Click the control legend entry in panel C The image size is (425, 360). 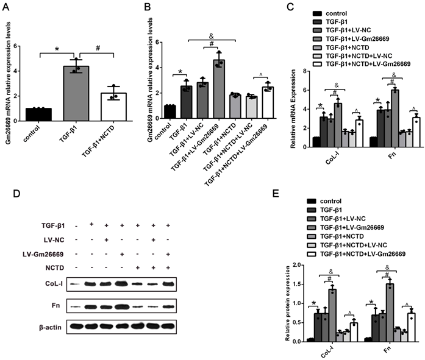(346, 13)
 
